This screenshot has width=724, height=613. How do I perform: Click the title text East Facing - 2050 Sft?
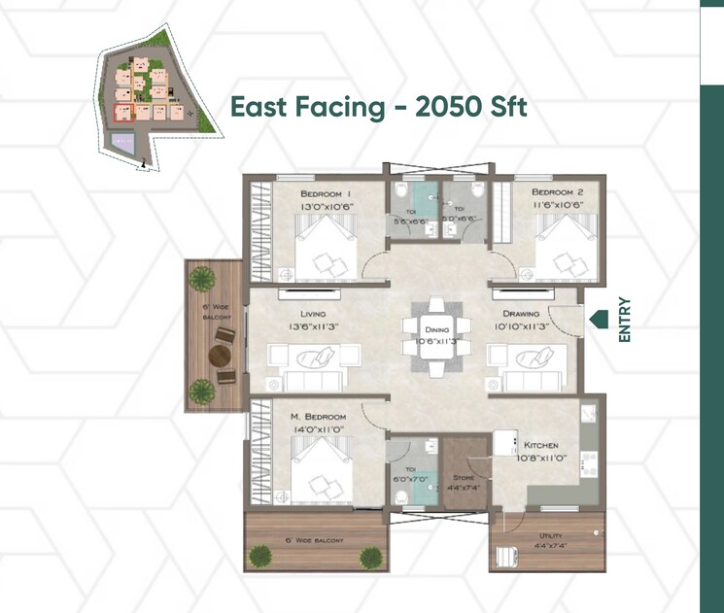coord(378,107)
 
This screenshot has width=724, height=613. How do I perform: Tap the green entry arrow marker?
coord(599,318)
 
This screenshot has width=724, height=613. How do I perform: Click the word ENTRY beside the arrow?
coord(625,320)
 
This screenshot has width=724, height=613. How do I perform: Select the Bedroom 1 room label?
coord(326,194)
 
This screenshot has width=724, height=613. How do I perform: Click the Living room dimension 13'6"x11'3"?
coord(313,328)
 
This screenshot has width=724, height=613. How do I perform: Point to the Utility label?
coord(551,535)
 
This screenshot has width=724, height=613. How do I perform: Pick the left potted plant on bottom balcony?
coord(261,557)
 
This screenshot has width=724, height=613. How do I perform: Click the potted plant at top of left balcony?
coord(201,279)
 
